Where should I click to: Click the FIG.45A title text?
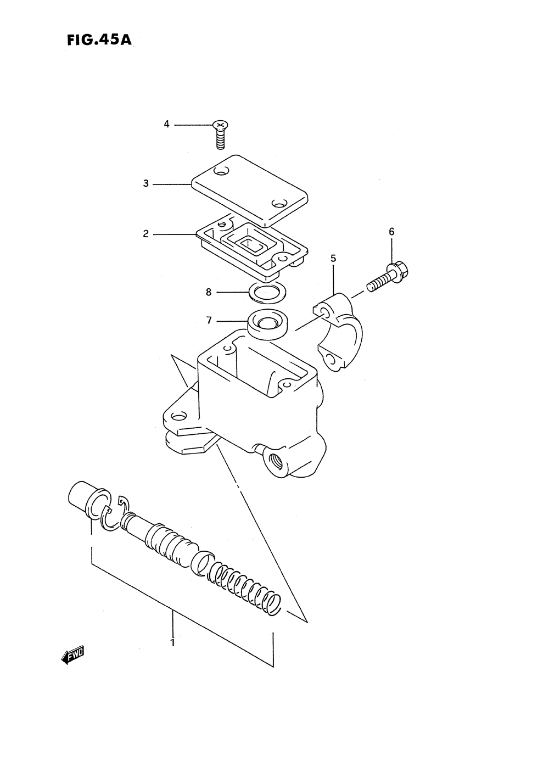click(x=99, y=41)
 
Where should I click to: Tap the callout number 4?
click(x=166, y=125)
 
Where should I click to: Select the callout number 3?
click(x=146, y=184)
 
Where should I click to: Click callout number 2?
click(x=146, y=234)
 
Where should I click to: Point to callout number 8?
click(x=209, y=292)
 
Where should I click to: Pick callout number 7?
click(x=209, y=320)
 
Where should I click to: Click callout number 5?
click(x=333, y=258)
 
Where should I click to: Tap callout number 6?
click(x=391, y=232)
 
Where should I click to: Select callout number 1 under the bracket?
click(x=172, y=642)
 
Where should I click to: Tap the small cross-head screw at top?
click(x=220, y=133)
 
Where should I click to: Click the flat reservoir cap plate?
click(x=249, y=189)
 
